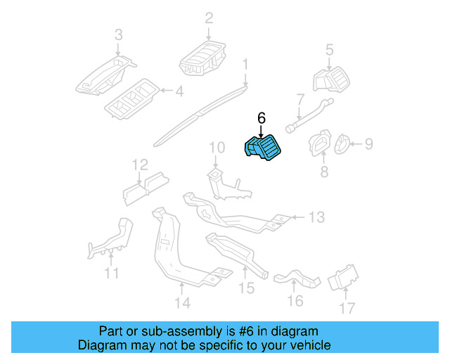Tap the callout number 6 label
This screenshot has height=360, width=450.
click(x=261, y=118)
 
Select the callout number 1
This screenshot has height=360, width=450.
click(x=245, y=65)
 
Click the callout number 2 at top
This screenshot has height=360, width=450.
click(x=209, y=18)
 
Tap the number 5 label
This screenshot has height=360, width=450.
click(x=328, y=49)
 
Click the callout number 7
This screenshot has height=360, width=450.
click(x=300, y=99)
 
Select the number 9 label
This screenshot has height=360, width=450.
click(x=368, y=145)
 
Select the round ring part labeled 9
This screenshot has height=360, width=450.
click(x=340, y=145)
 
